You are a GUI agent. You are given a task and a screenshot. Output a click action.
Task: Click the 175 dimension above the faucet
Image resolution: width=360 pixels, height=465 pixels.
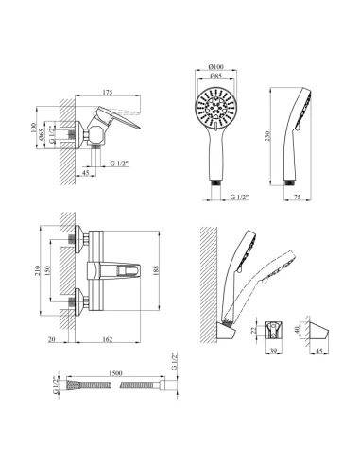coord(108,92)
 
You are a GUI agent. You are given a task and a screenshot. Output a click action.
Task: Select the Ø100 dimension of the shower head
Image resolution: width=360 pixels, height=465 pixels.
coord(216,66)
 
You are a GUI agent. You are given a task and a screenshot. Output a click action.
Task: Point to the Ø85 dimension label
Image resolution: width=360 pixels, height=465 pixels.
coord(215,76)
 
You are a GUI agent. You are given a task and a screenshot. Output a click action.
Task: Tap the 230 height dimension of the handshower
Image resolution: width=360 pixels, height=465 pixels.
coord(267,136)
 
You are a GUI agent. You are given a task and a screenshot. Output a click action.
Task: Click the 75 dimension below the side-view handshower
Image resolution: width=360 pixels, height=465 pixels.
coord(298,197)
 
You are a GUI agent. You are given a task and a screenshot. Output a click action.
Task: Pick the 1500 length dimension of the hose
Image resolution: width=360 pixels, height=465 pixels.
coord(115,373)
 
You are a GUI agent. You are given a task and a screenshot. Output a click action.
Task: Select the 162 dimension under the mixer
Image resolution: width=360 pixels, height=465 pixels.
coord(108,339)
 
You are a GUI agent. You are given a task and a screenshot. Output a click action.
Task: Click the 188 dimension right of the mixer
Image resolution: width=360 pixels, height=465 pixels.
coord(157,270)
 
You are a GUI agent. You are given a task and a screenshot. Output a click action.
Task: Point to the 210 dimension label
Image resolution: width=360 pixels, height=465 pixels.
coord(38,270)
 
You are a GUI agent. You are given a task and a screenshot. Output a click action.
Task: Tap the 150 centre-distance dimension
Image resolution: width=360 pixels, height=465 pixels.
coord(47,270)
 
